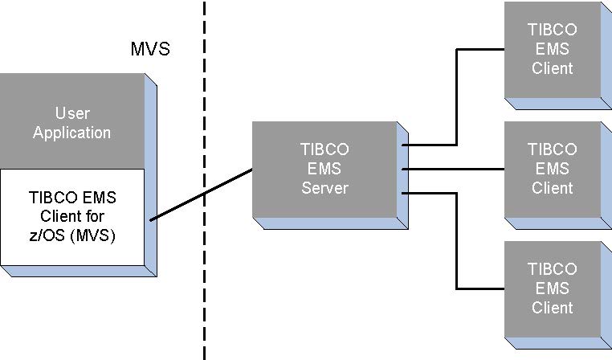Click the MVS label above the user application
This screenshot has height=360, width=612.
150,49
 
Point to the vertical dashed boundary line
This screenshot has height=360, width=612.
204,96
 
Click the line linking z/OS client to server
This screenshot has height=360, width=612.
201,194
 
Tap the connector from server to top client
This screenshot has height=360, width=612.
457,96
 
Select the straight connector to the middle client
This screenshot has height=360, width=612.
454,169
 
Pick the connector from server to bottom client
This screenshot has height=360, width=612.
457,241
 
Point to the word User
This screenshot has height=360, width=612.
71,113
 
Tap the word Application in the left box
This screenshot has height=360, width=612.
71,133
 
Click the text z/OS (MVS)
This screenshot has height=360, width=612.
71,235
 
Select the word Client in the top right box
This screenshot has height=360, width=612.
553,68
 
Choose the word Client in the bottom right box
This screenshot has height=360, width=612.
553,307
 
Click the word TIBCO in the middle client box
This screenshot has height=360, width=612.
553,149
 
